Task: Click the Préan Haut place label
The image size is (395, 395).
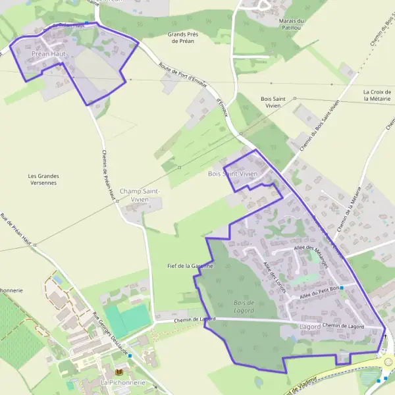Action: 49,53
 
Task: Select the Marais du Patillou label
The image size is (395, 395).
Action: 292,24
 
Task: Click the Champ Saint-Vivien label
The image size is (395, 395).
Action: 140,195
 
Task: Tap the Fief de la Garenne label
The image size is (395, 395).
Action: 190,266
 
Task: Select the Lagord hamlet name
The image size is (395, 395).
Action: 309,327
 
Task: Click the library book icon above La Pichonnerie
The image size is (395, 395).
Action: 119,372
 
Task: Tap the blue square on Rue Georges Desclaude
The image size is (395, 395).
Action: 130,356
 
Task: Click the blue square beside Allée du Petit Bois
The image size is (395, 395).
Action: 342,288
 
